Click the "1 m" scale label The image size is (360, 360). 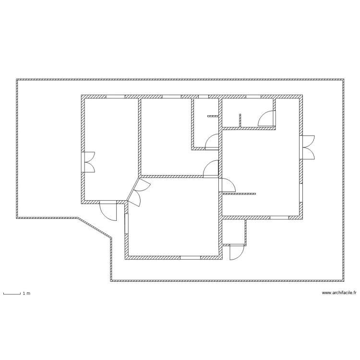26,293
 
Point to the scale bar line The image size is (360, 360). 12,293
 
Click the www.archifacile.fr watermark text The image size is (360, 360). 339,293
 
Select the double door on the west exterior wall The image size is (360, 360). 88,162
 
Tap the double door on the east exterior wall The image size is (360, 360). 308,147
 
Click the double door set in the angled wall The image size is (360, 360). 135,192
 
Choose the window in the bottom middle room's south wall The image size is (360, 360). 190,258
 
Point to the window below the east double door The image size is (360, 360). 301,192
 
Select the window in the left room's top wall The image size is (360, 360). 115,96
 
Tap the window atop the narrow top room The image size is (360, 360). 204,96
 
